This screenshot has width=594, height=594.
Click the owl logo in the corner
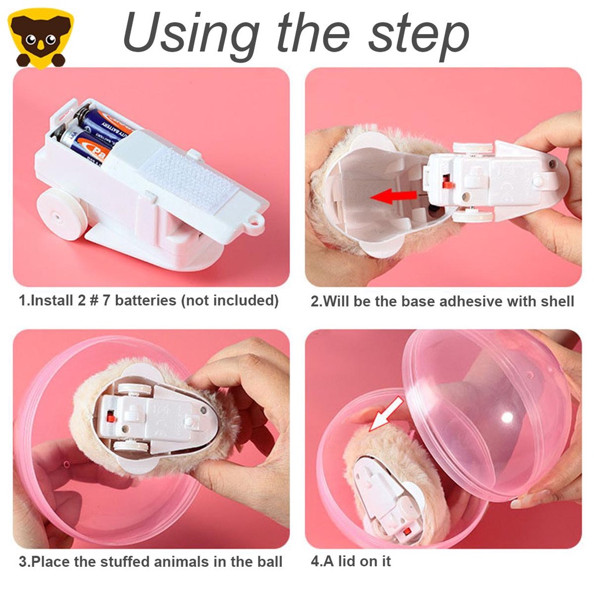coord(41,38)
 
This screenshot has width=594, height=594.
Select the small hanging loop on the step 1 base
coord(252,223)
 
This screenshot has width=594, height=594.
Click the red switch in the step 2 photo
coord(447,183)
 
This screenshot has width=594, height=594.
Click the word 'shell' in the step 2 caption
coord(555,301)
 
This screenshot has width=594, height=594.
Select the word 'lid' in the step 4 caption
coord(349,561)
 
